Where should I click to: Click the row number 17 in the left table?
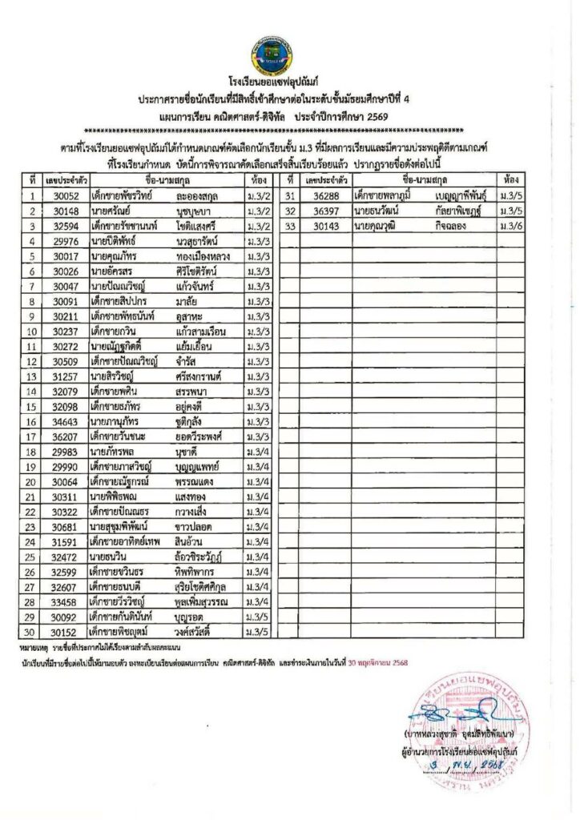32,437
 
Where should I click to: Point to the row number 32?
288,211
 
